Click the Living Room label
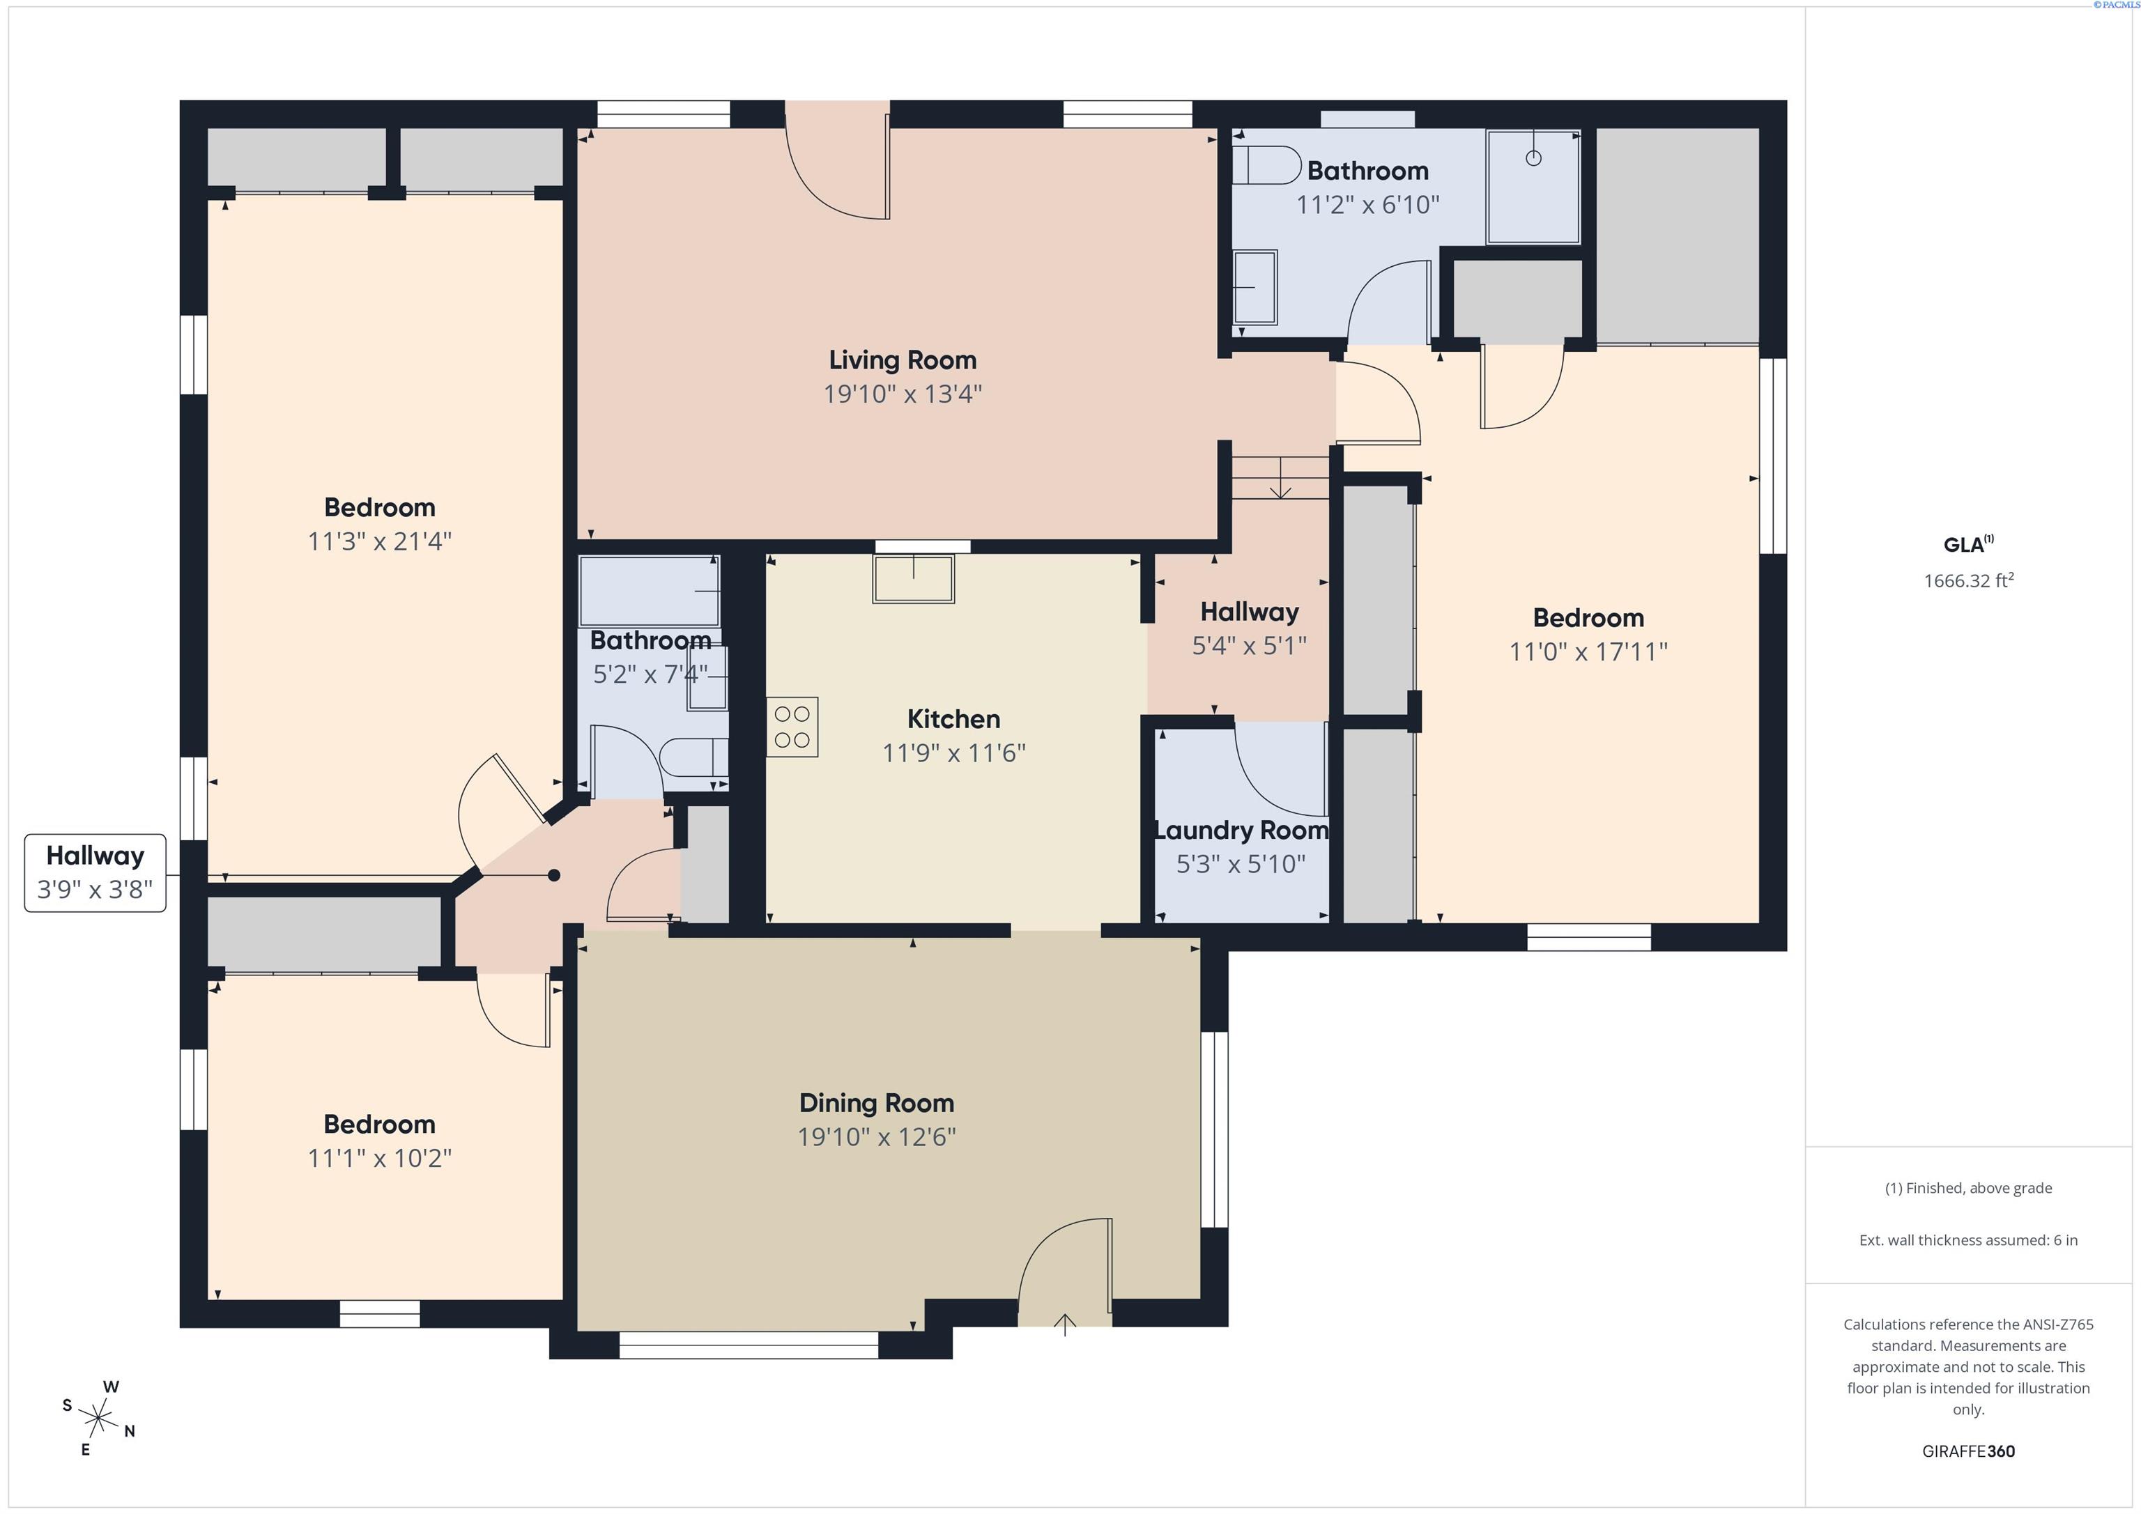click(x=903, y=360)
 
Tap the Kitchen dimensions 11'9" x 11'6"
click(x=954, y=752)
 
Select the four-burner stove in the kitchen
click(x=792, y=727)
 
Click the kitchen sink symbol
click(x=914, y=579)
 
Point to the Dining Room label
click(x=877, y=1103)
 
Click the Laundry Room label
click(x=1241, y=830)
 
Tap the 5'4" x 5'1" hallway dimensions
click(x=1250, y=645)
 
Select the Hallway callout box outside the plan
click(x=95, y=872)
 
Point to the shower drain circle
click(x=1533, y=158)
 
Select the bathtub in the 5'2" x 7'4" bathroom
click(x=649, y=591)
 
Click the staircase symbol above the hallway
click(x=1280, y=477)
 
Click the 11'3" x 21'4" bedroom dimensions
click(x=380, y=541)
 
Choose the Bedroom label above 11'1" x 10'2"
click(x=380, y=1125)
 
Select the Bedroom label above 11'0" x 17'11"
click(x=1588, y=617)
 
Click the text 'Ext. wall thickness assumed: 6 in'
click(x=1968, y=1240)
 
